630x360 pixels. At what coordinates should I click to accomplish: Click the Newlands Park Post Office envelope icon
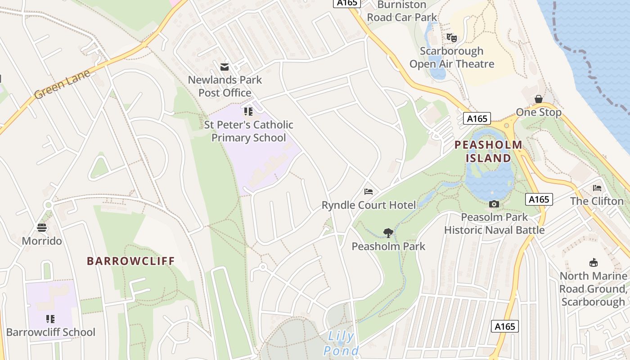[x=224, y=67]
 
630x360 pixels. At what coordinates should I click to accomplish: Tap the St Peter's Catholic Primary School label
[x=248, y=131]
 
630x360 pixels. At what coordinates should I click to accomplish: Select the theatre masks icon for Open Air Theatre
[x=451, y=38]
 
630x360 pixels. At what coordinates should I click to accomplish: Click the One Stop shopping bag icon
[x=538, y=99]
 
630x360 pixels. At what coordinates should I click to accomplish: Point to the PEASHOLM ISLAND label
[x=488, y=152]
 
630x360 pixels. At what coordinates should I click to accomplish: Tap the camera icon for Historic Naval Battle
[x=494, y=204]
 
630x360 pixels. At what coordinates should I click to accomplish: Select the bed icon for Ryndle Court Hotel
[x=369, y=192]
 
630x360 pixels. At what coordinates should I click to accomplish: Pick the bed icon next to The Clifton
[x=597, y=188]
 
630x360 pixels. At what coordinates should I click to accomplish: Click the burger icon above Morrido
[x=42, y=228]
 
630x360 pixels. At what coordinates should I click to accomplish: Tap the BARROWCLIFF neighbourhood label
[x=130, y=261]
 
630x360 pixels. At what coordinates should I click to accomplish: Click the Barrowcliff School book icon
[x=50, y=319]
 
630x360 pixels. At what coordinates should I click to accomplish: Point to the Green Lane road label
[x=62, y=85]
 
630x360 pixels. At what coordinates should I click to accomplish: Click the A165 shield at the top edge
[x=347, y=3]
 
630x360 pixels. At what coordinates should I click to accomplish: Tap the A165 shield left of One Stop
[x=477, y=119]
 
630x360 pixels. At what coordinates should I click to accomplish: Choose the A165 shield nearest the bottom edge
[x=504, y=326]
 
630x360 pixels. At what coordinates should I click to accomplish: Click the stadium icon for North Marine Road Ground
[x=593, y=263]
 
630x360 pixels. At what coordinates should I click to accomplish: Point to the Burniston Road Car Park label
[x=402, y=11]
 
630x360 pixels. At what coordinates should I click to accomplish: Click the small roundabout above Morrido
[x=48, y=205]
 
